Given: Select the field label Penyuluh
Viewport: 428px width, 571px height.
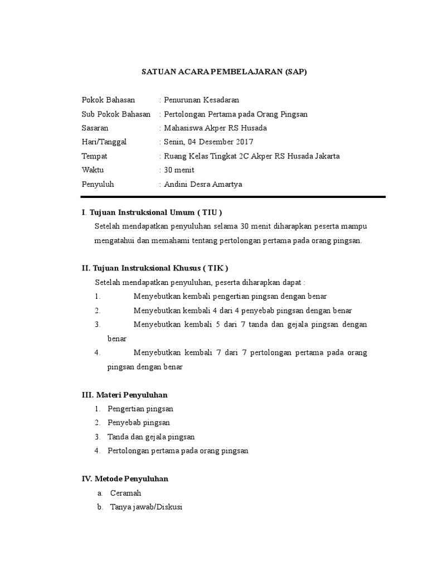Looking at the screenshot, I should [98, 184].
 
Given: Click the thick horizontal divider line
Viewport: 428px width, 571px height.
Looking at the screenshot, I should [233, 196].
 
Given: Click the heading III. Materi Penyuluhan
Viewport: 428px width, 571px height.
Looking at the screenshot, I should [125, 395].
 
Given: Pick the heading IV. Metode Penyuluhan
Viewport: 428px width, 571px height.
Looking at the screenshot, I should [125, 479].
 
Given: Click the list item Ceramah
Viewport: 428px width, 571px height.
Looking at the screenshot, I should [125, 493].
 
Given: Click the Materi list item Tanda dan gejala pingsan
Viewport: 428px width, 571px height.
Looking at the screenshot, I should [151, 437].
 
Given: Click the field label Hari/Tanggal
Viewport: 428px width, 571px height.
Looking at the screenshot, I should [104, 142].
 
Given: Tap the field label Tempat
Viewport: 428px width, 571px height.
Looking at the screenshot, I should [94, 156].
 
